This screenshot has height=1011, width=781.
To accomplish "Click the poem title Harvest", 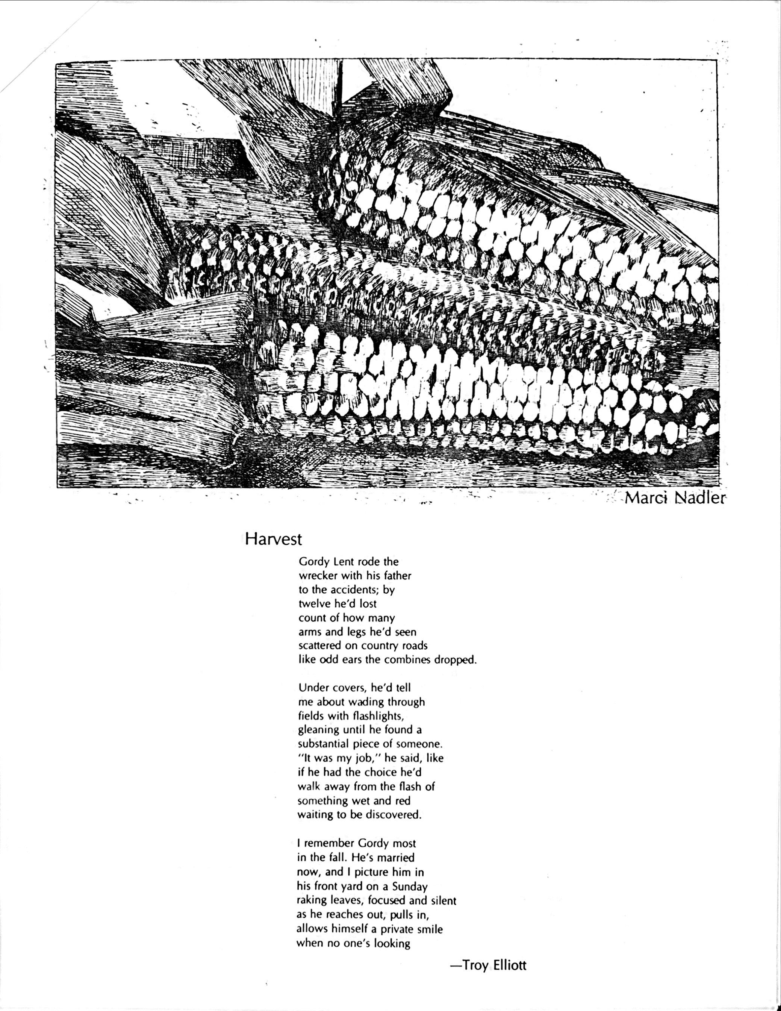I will (x=274, y=539).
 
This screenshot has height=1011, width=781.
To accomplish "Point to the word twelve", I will (x=315, y=604).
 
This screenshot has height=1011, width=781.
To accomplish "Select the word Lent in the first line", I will (x=345, y=562).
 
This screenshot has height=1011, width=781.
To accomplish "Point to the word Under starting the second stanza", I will (x=312, y=688).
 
